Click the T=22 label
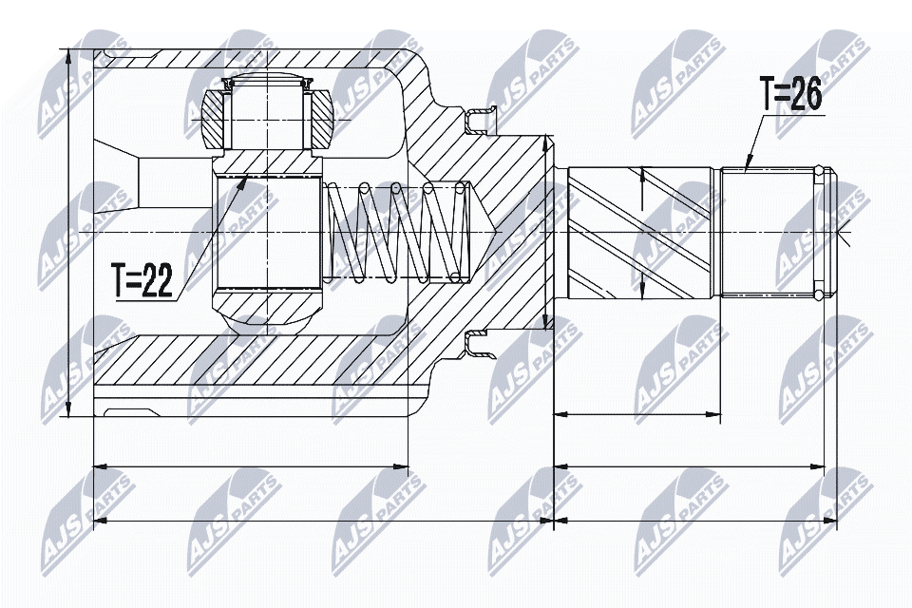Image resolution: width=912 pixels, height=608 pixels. click(142, 282)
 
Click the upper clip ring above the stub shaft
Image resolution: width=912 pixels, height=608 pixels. click(481, 121)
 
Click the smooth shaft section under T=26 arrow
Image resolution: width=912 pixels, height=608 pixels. click(765, 232)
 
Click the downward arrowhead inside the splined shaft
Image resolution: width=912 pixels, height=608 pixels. click(643, 289)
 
